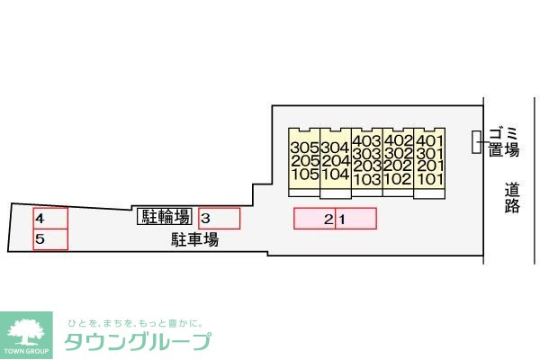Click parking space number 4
click(x=50, y=219)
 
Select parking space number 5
click(x=50, y=239)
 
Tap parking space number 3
click(x=219, y=219)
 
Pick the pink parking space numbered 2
click(x=314, y=219)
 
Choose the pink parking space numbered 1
click(x=356, y=219)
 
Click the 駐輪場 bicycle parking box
click(x=165, y=217)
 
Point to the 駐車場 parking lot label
click(x=195, y=239)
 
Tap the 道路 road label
click(x=512, y=198)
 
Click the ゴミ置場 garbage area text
click(x=504, y=142)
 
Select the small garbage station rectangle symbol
click(x=476, y=142)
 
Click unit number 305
click(x=305, y=148)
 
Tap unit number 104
click(x=336, y=174)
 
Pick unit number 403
click(x=367, y=141)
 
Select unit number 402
click(x=398, y=140)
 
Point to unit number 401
click(x=429, y=141)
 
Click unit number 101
click(x=430, y=179)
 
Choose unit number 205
click(x=305, y=161)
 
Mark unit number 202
click(x=398, y=166)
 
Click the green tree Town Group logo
click(x=26, y=335)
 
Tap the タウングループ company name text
click(x=138, y=341)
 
